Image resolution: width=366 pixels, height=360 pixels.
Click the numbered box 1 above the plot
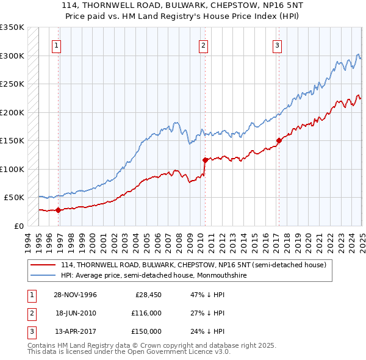point(56,45)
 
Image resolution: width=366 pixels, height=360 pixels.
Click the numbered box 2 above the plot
point(203,45)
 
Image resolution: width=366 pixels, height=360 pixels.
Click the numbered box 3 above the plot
point(277,45)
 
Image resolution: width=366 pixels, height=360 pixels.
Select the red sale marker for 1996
point(59,210)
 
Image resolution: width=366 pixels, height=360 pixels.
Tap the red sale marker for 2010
point(205,160)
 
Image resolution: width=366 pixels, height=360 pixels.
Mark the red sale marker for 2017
point(279,140)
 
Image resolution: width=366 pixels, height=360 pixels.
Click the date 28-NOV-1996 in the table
point(76,295)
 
